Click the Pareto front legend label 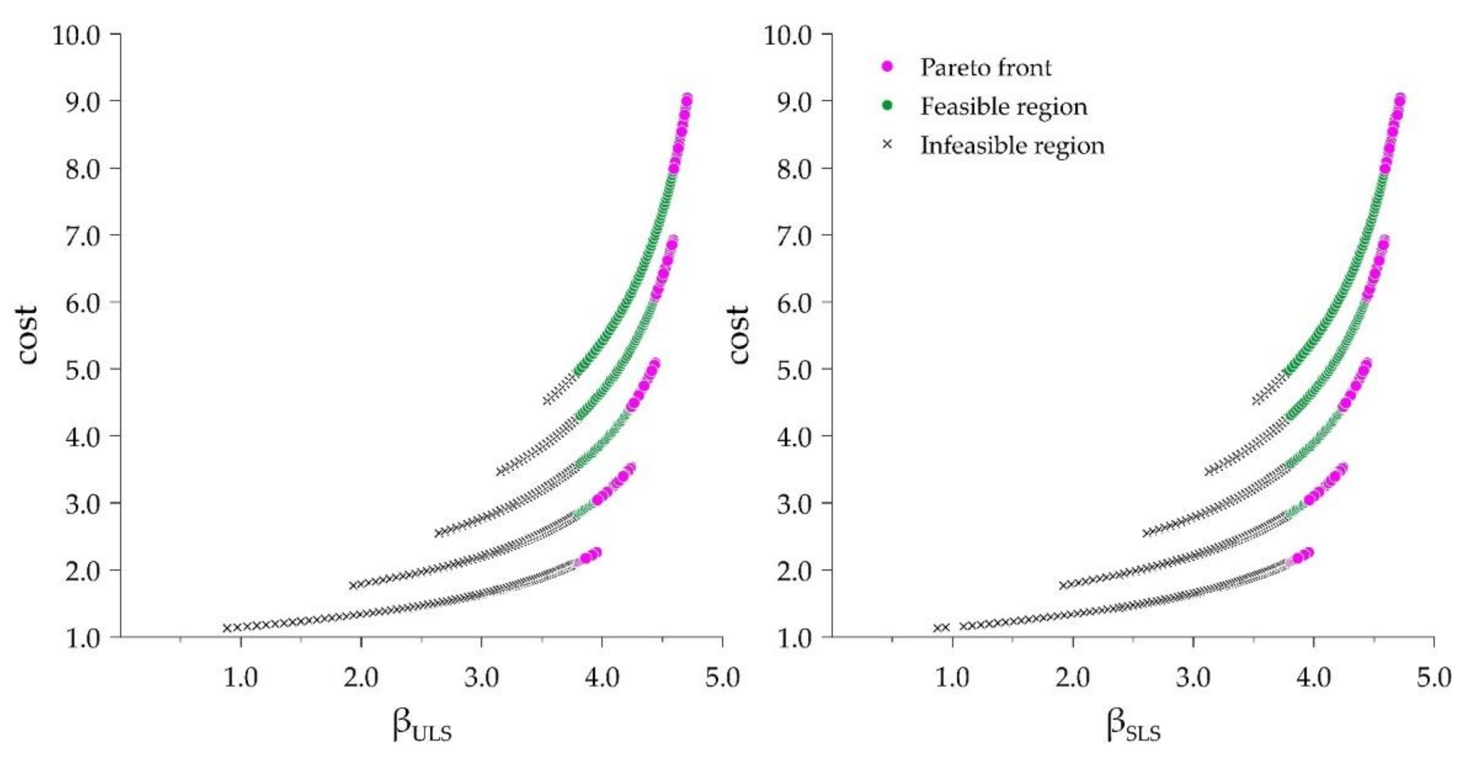coord(985,67)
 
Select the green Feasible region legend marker coord(887,106)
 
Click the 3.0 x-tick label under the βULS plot coord(482,678)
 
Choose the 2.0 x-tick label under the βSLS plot coord(1072,678)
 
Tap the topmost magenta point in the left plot coord(687,99)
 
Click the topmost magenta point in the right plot coord(1400,99)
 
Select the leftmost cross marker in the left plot coord(227,628)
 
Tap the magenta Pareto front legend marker coord(887,67)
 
